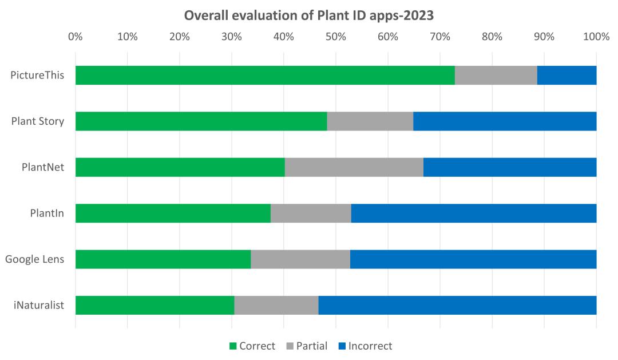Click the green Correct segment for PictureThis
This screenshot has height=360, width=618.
[265, 76]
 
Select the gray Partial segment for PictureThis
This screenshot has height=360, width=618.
[496, 76]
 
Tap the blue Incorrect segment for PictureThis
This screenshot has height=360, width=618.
[566, 76]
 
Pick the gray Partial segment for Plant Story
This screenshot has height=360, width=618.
[370, 121]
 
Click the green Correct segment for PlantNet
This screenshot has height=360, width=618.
[180, 167]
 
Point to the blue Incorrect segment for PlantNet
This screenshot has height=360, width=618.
[510, 167]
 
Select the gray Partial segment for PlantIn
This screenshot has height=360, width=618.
[311, 213]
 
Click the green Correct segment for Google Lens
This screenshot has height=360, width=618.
[163, 259]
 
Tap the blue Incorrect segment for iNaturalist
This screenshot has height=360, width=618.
[458, 305]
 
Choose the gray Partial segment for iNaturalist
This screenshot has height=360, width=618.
[276, 305]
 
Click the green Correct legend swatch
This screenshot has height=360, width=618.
[233, 346]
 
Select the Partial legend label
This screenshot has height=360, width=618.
[312, 346]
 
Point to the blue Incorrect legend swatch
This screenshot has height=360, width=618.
[342, 346]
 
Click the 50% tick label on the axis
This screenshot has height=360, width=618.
[336, 37]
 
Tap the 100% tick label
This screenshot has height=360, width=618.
[596, 37]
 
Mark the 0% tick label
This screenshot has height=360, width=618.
[76, 37]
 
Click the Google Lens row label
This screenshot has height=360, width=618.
[35, 259]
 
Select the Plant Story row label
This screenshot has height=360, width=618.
[38, 121]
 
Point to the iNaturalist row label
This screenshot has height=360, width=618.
[39, 305]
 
